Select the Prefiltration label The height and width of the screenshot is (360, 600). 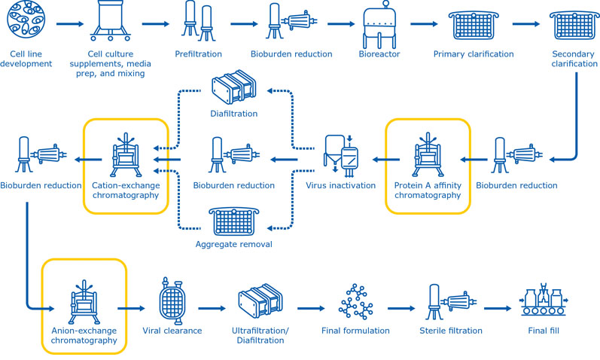[x=199, y=54]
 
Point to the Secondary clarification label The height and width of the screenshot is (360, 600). [x=573, y=59]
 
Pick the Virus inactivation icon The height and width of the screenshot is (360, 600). [x=342, y=155]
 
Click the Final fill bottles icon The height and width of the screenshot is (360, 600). [x=542, y=303]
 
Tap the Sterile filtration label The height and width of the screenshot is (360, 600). [x=449, y=330]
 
